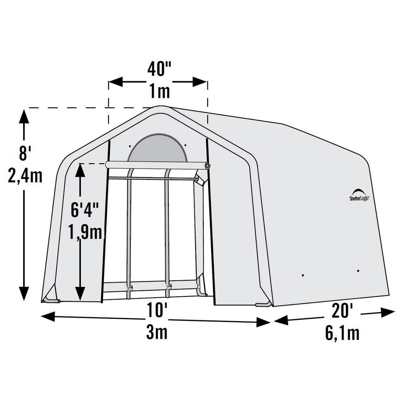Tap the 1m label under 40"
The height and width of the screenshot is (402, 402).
[159, 92]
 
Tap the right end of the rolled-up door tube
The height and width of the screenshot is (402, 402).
[207, 166]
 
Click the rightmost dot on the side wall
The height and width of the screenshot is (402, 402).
[358, 270]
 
